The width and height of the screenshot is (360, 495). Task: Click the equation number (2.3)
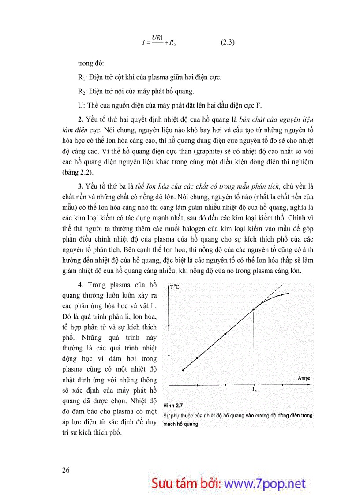227,43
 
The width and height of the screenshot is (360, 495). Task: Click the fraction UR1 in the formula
157,39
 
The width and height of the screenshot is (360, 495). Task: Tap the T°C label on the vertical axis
174,287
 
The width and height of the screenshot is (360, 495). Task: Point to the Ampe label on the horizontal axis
304,378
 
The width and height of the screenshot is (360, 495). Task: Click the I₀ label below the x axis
254,390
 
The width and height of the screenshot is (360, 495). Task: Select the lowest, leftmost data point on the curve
183,370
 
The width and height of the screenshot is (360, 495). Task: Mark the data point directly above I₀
254,309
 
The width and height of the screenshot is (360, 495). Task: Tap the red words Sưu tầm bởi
187,483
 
